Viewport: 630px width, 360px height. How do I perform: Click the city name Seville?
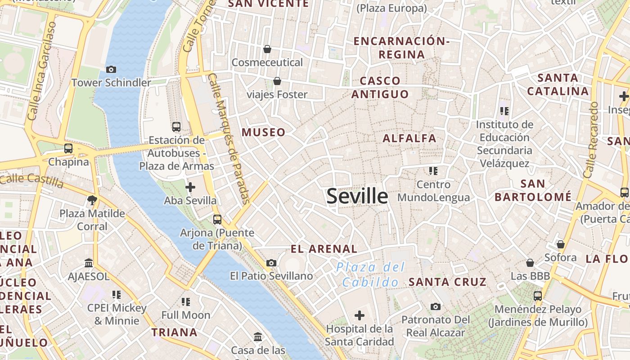click(x=357, y=197)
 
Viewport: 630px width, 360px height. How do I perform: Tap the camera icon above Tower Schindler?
click(x=111, y=69)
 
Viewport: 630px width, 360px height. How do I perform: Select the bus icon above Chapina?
click(x=68, y=148)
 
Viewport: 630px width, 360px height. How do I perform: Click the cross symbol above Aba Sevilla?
click(x=190, y=187)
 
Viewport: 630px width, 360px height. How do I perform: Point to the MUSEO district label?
click(x=264, y=132)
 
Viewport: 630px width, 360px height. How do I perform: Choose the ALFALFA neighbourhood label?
click(x=409, y=138)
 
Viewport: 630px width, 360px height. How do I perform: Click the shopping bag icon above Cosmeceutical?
click(x=267, y=49)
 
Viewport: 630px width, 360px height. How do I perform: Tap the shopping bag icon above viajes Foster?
click(x=277, y=81)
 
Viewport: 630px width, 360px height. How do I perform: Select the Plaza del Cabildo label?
click(x=370, y=274)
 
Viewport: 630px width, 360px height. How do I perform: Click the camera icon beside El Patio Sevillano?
click(x=271, y=263)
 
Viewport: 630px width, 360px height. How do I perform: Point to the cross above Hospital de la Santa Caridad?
click(x=359, y=315)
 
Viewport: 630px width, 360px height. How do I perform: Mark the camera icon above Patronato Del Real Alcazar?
click(x=435, y=306)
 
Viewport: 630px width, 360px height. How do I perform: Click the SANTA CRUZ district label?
click(x=447, y=282)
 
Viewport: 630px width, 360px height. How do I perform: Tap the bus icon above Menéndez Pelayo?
click(x=538, y=296)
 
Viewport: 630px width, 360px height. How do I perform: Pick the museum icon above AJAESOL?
click(x=89, y=263)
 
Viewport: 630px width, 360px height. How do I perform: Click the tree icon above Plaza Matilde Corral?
click(x=92, y=200)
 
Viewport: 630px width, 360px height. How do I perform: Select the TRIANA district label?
click(x=174, y=333)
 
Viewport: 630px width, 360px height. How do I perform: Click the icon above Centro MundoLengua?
click(x=433, y=171)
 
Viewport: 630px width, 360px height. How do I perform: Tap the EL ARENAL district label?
click(x=324, y=249)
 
